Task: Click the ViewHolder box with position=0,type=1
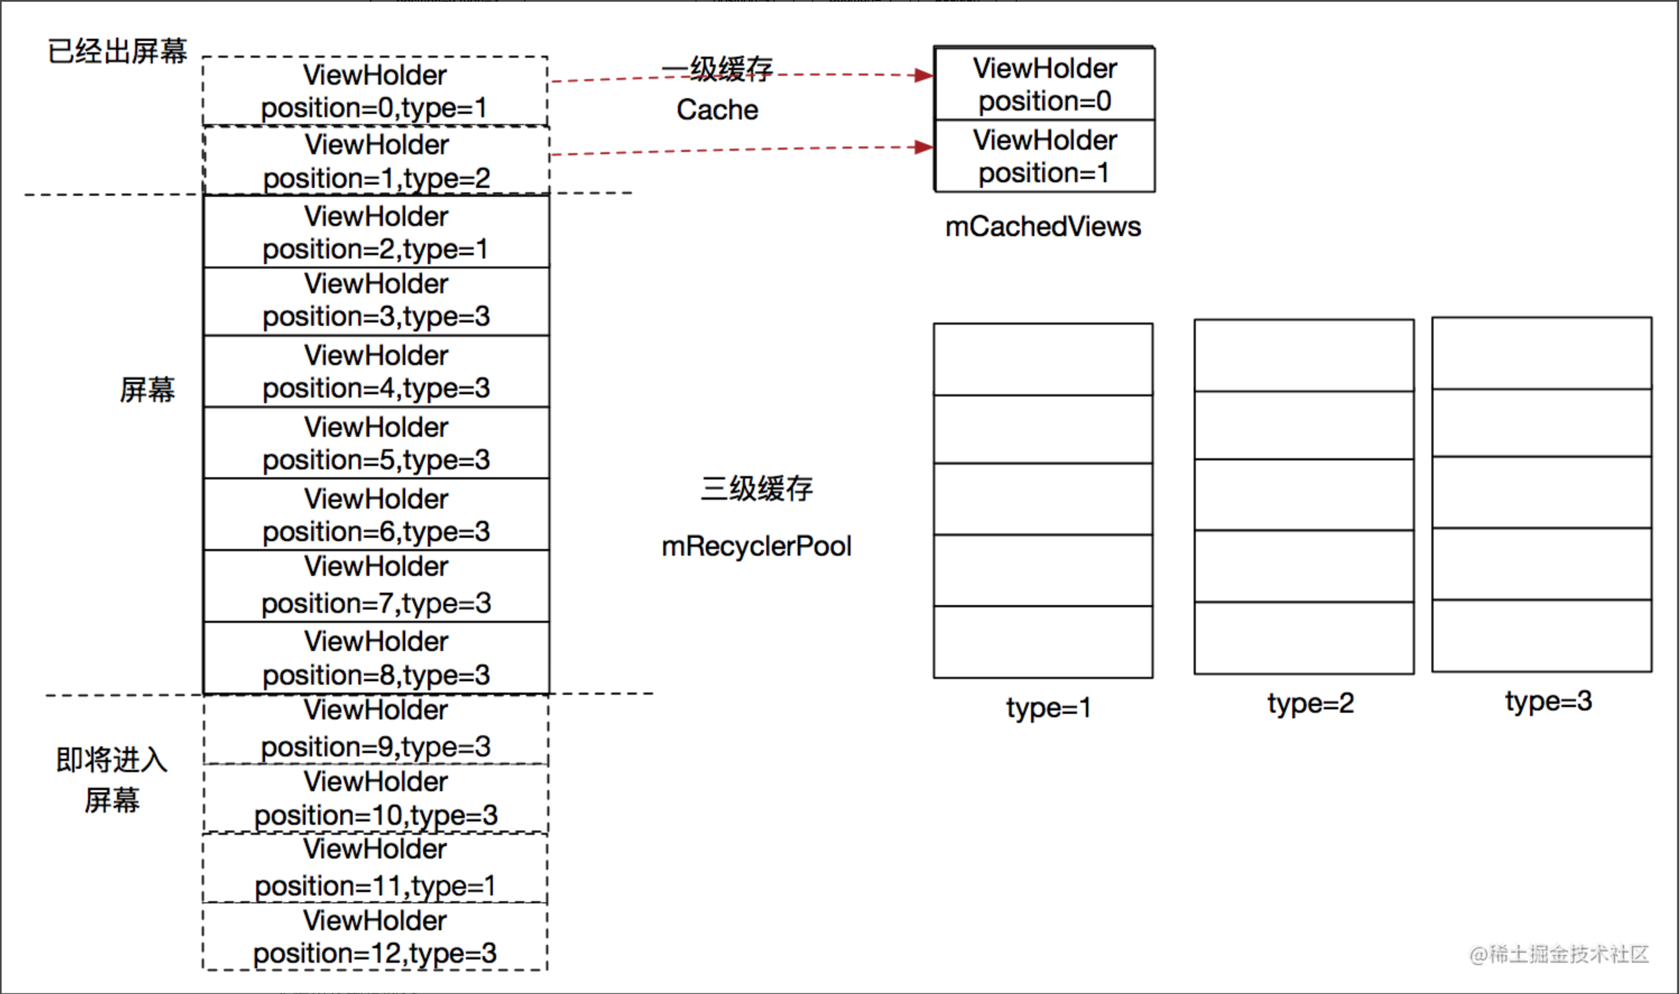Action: click(375, 91)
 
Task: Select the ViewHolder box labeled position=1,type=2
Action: click(376, 161)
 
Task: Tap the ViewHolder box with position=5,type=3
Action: click(376, 443)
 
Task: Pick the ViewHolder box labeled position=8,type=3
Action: click(376, 658)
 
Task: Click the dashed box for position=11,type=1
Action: click(375, 867)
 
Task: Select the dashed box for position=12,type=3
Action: click(375, 936)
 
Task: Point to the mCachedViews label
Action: click(1043, 226)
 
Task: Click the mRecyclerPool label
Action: click(756, 546)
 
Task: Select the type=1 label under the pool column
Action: click(1048, 708)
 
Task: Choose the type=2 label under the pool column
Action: click(1310, 702)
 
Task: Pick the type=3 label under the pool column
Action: click(1548, 701)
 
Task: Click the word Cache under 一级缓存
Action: click(716, 110)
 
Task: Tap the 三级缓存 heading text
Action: click(756, 488)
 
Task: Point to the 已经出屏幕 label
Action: click(117, 51)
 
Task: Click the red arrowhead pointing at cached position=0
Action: click(925, 75)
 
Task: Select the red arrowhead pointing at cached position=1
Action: click(925, 147)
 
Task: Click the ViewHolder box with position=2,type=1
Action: click(376, 232)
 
